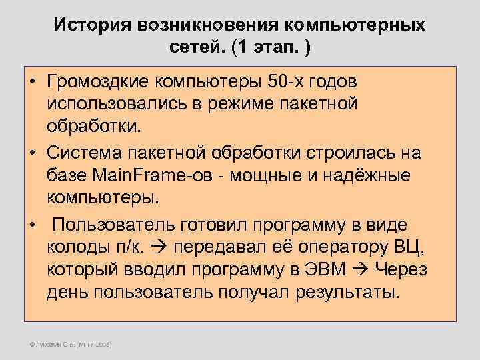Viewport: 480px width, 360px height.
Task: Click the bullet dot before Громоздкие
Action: pos(31,83)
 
